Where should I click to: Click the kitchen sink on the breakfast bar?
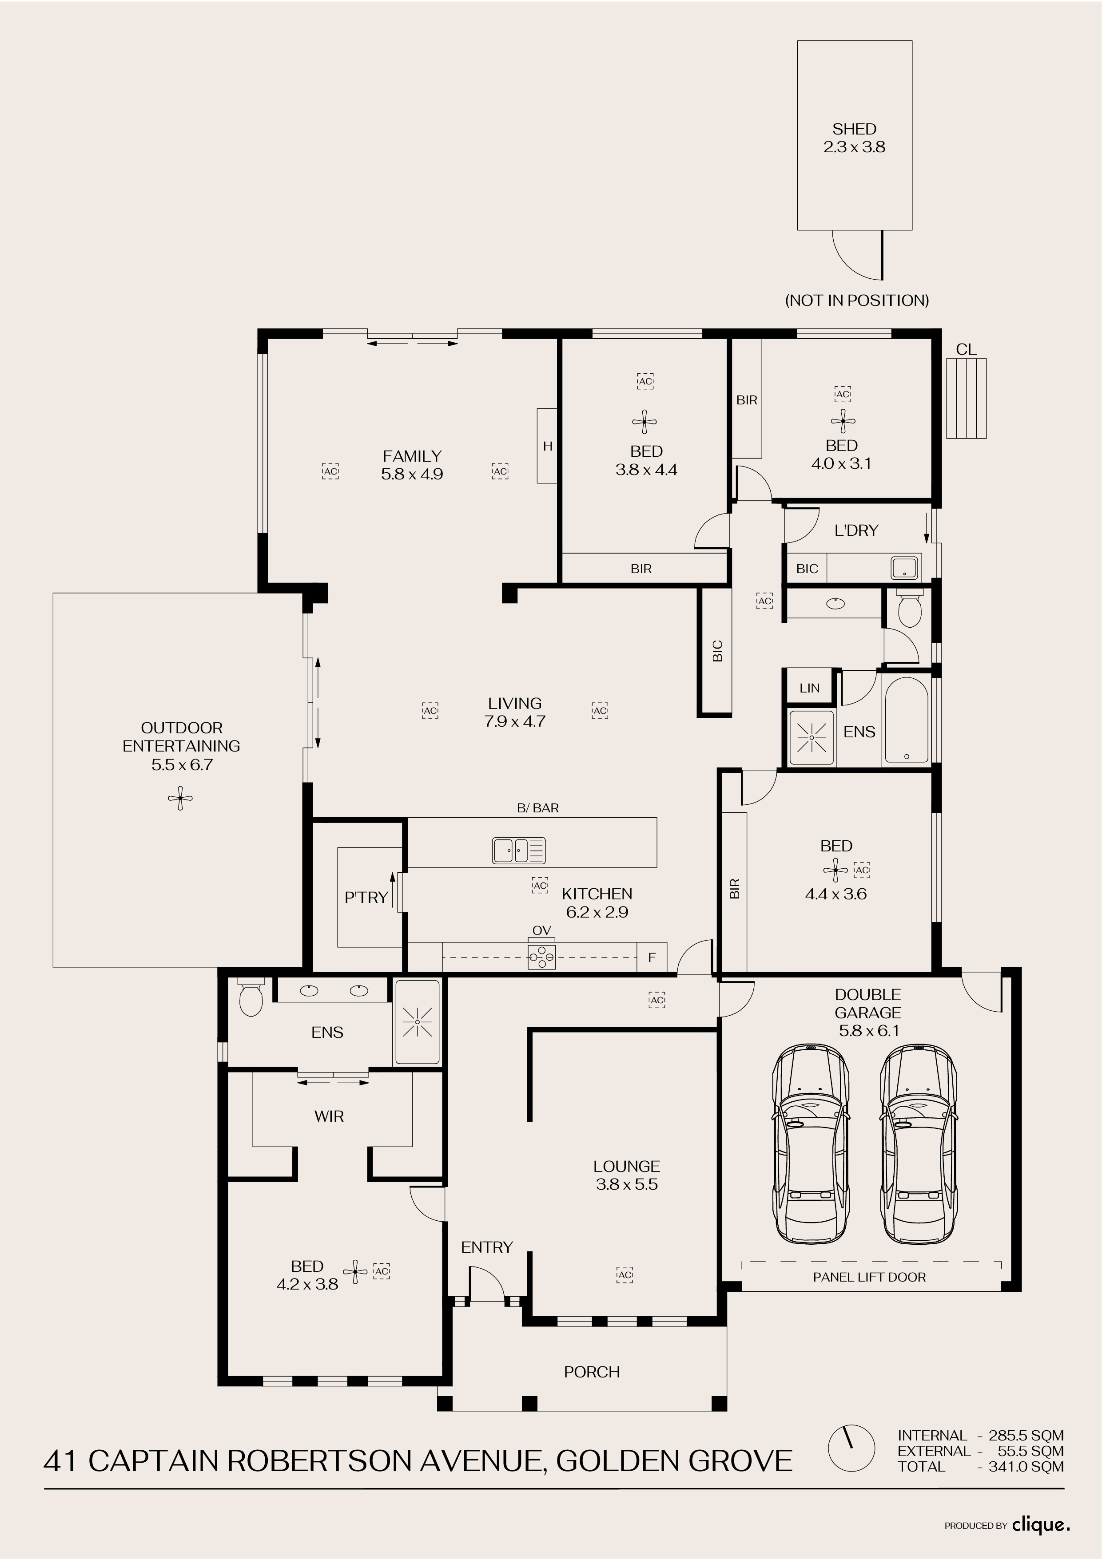point(518,850)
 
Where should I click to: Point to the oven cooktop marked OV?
point(541,957)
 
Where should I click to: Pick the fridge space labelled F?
point(652,958)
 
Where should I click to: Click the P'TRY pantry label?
point(366,898)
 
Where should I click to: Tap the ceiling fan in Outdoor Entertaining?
point(180,799)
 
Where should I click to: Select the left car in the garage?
point(811,1144)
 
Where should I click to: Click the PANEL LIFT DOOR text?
point(869,1277)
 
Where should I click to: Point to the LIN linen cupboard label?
point(809,688)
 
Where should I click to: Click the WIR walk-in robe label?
point(329,1116)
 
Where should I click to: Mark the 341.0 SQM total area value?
point(1026,1467)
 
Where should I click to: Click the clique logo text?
point(1040,1526)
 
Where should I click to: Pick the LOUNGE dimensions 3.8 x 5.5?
point(626,1185)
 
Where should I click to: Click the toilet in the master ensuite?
point(251,997)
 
